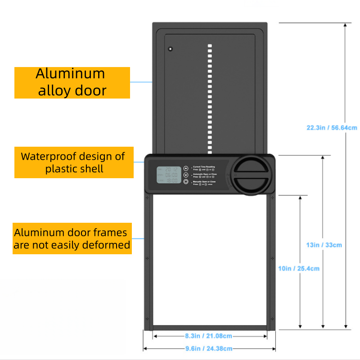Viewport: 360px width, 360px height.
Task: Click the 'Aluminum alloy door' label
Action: tap(72, 82)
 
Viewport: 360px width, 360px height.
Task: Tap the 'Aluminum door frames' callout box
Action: tap(72, 238)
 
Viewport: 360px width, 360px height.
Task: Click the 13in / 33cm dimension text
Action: tap(324, 245)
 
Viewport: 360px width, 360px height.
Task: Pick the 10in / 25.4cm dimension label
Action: tap(299, 269)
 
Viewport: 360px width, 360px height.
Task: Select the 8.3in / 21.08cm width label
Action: tap(208, 336)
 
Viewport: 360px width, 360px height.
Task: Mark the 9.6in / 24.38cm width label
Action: tap(208, 348)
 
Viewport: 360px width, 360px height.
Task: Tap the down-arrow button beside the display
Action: tap(185, 175)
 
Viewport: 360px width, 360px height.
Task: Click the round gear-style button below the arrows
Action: tap(185, 182)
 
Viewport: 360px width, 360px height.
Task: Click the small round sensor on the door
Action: tap(171, 49)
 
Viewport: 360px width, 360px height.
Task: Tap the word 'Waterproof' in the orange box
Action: tap(49, 157)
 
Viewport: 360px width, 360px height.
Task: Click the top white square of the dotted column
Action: tap(209, 45)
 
